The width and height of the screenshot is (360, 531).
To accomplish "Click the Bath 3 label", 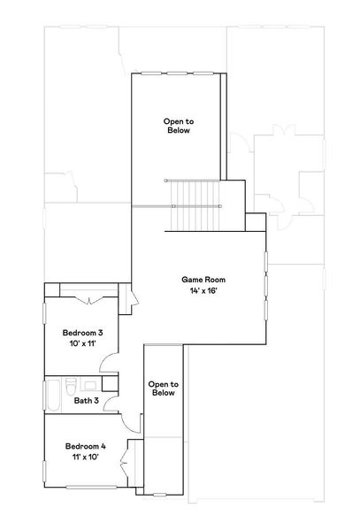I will (x=86, y=401).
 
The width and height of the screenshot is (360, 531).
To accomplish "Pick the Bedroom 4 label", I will (x=85, y=446).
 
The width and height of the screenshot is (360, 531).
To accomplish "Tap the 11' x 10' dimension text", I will (x=85, y=458).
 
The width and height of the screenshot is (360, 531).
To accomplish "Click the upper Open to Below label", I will (x=178, y=125).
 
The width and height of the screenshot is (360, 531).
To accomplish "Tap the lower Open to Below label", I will (x=164, y=389).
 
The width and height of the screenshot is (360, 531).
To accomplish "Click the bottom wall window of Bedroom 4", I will (x=84, y=488).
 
